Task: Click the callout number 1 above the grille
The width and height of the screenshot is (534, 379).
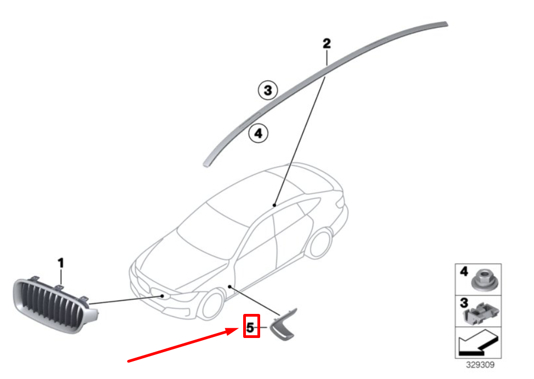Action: click(61, 263)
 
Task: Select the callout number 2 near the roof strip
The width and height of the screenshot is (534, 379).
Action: click(326, 44)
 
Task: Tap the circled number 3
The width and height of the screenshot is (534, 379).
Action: click(268, 90)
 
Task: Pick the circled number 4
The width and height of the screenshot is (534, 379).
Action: click(259, 133)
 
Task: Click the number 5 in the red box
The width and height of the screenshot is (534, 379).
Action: click(250, 328)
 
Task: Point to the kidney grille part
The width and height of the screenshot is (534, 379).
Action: click(54, 305)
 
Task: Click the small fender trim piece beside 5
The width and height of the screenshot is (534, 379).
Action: click(283, 325)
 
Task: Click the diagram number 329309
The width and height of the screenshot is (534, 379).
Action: click(480, 365)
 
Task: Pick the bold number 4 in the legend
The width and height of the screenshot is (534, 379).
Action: click(463, 271)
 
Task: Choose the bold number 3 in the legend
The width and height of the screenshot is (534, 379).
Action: click(464, 303)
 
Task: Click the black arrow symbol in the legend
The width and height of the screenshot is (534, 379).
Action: click(478, 342)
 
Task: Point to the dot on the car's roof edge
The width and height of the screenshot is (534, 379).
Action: click(274, 205)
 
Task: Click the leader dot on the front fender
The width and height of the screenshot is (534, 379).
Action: click(230, 287)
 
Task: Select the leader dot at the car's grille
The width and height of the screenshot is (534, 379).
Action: click(163, 296)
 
